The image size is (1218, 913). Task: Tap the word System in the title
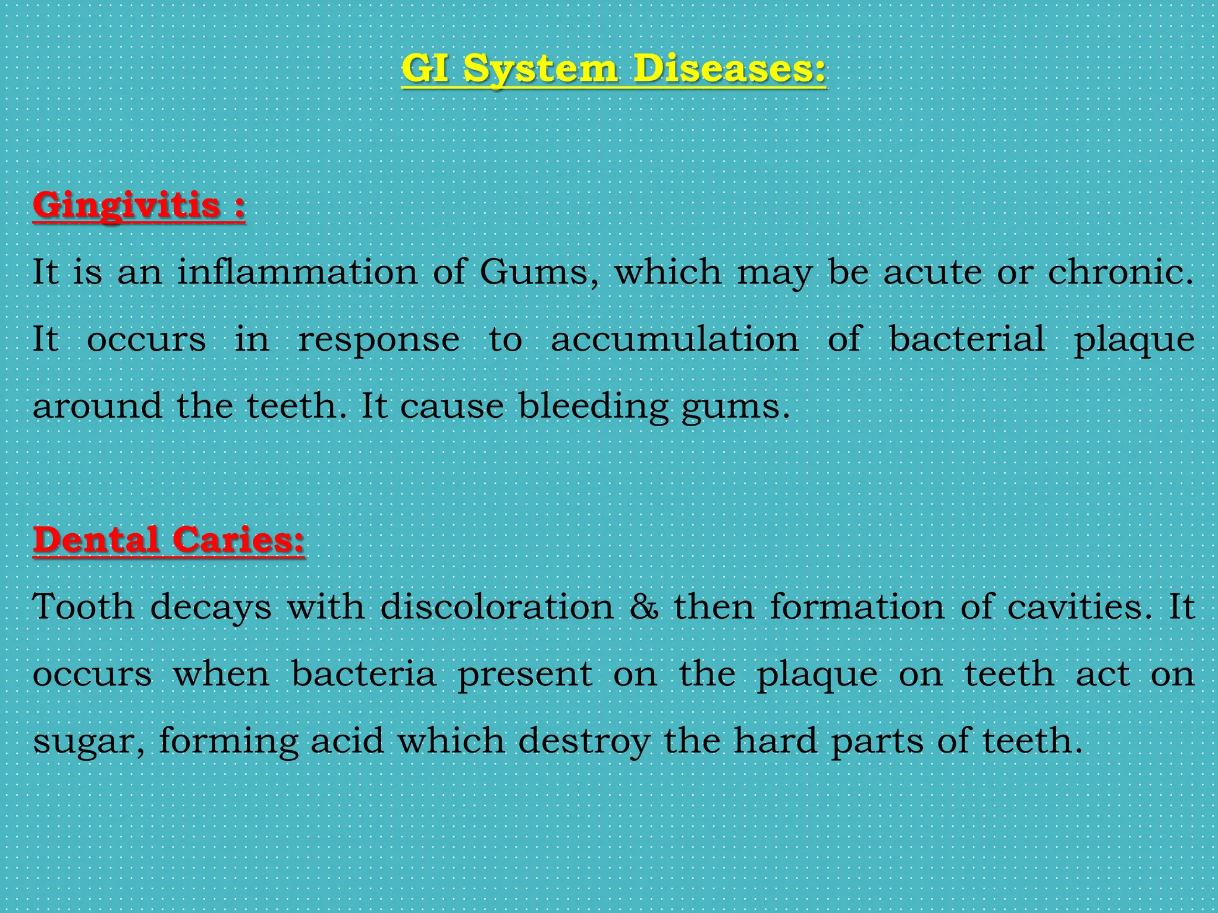click(540, 70)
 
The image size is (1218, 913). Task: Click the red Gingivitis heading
click(126, 206)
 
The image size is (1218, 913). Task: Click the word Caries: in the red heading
click(238, 540)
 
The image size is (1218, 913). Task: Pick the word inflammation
click(297, 272)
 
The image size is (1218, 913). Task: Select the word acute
click(933, 273)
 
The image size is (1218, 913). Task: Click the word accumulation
click(674, 339)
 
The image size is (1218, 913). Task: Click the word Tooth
click(83, 607)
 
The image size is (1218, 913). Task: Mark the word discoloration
click(497, 607)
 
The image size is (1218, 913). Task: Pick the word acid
click(347, 741)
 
